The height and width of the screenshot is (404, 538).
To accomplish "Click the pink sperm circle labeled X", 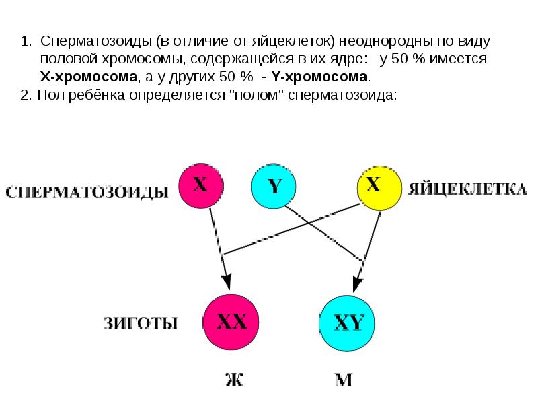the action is coord(200,186).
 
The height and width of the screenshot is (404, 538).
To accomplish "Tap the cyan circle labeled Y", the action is coord(274,186).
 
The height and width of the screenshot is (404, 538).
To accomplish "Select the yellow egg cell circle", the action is coord(379,188).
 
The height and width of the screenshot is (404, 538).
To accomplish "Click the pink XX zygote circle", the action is coord(231,322).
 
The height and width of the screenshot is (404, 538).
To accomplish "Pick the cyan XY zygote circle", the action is coord(347,323).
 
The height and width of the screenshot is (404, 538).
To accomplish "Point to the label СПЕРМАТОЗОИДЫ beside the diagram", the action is coord(87,192).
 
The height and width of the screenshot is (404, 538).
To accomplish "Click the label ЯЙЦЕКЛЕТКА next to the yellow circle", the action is coord(467,189).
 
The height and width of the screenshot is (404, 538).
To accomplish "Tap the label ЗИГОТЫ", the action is coord(141,323).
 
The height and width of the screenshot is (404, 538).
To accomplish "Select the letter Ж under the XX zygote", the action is coord(234,380).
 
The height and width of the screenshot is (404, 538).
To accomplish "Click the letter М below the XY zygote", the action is coord(344,380).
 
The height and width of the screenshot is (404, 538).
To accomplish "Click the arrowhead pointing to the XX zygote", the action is coord(227,281).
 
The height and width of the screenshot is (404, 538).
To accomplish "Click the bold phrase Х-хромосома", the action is coord(89,77).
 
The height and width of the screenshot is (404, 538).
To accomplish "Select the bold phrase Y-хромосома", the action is coord(319,77).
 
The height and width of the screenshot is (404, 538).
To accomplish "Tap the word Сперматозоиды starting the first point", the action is coord(96,42).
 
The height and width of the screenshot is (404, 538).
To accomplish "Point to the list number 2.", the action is coord(26,94).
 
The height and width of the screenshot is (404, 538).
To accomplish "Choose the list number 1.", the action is coord(26,41).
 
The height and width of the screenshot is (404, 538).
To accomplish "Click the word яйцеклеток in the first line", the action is coord(293,42).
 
